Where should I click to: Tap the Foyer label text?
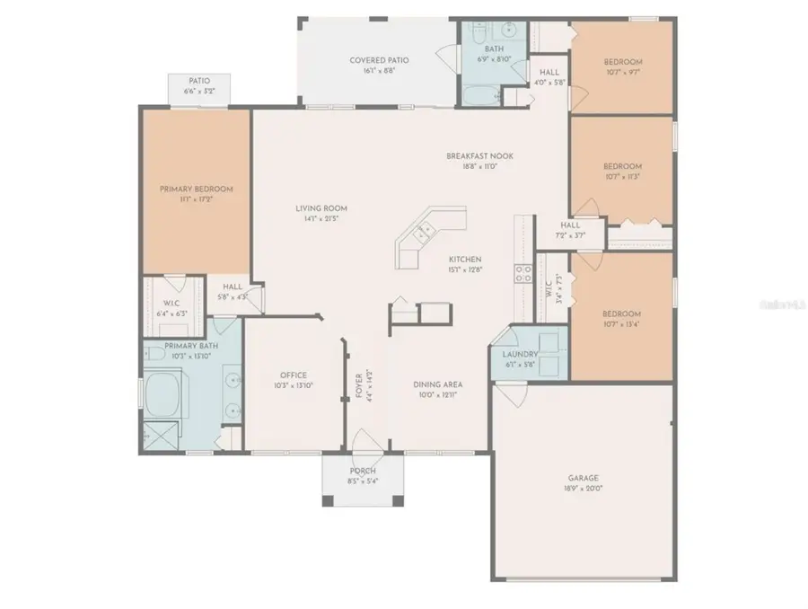click(359, 385)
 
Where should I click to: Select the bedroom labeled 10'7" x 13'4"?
click(621, 319)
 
